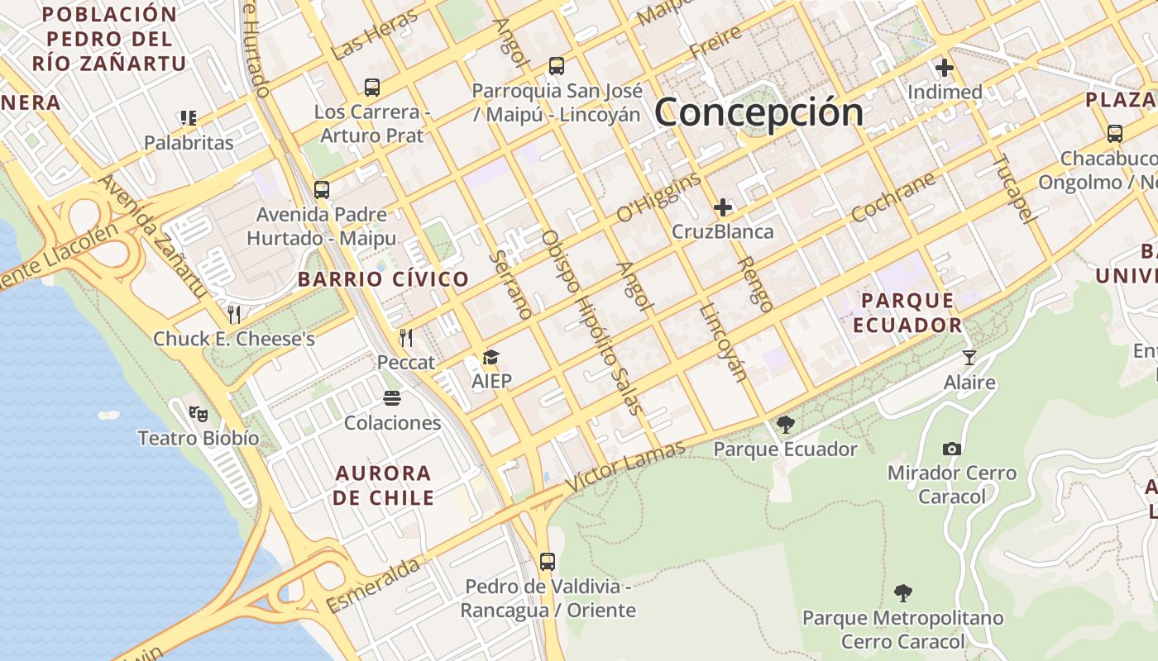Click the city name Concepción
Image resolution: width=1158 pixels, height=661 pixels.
point(758,112)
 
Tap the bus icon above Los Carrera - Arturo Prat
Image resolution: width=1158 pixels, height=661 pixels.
point(372,87)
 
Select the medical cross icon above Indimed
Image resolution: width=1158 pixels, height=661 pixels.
point(945,68)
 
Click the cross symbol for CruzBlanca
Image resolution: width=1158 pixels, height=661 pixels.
point(723,207)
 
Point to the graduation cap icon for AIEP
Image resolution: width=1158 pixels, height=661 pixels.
point(491,357)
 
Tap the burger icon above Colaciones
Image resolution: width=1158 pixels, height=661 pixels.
point(392,398)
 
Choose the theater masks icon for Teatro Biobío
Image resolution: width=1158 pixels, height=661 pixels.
point(198,412)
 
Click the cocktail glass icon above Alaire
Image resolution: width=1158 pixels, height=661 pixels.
point(969,358)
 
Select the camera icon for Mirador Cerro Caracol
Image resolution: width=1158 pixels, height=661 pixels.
point(952,449)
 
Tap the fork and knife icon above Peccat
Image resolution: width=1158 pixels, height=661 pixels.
point(405,337)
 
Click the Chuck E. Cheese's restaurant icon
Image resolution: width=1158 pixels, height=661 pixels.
point(234,314)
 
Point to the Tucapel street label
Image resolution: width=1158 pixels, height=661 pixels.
point(1014,189)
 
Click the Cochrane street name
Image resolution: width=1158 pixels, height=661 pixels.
point(892,197)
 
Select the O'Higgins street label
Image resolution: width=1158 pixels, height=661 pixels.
point(658,198)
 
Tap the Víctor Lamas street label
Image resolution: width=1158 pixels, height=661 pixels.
point(625,467)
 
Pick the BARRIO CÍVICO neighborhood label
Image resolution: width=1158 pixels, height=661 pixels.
point(384,279)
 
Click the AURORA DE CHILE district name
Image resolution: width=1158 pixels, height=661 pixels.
point(384,485)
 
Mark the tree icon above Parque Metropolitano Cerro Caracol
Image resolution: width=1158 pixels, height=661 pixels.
point(902,592)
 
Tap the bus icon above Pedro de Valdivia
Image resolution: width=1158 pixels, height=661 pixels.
point(547,562)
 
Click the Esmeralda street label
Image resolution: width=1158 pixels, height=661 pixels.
point(373,585)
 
